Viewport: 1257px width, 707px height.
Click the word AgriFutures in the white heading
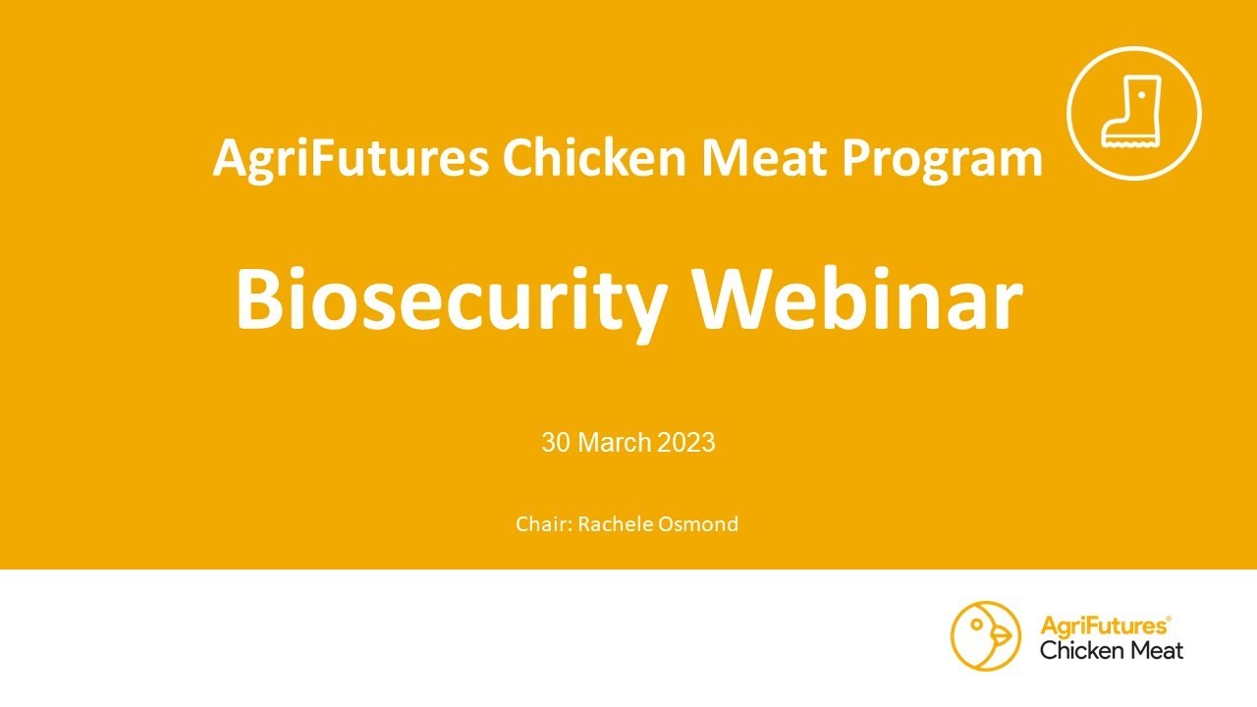pyautogui.click(x=351, y=159)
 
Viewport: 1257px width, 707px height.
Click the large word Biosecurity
pyautogui.click(x=448, y=299)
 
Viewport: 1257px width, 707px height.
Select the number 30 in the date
pyautogui.click(x=555, y=443)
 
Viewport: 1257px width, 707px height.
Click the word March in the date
pyautogui.click(x=615, y=443)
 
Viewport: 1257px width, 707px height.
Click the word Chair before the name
pyautogui.click(x=542, y=524)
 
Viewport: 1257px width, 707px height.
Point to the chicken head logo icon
pyautogui.click(x=986, y=636)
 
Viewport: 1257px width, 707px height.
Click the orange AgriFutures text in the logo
pyautogui.click(x=1103, y=625)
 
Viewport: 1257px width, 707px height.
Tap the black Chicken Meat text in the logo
pyautogui.click(x=1112, y=650)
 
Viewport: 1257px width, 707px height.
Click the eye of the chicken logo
pyautogui.click(x=976, y=622)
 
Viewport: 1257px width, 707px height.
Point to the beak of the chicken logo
pyautogui.click(x=1003, y=637)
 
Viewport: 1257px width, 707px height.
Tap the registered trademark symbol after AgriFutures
pyautogui.click(x=1169, y=619)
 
